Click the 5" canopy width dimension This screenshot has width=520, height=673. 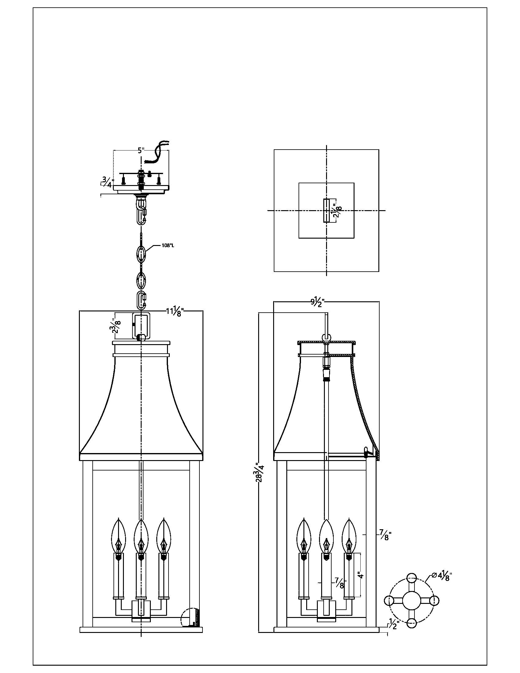click(141, 151)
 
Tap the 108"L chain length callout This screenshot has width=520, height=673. click(168, 246)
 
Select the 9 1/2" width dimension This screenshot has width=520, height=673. click(317, 302)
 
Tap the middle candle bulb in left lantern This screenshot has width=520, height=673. click(141, 536)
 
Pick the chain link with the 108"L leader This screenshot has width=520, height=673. click(141, 253)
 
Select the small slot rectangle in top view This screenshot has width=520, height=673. click(326, 210)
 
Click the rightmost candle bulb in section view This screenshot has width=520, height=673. click(349, 536)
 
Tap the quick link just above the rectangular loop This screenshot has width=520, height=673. click(141, 300)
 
